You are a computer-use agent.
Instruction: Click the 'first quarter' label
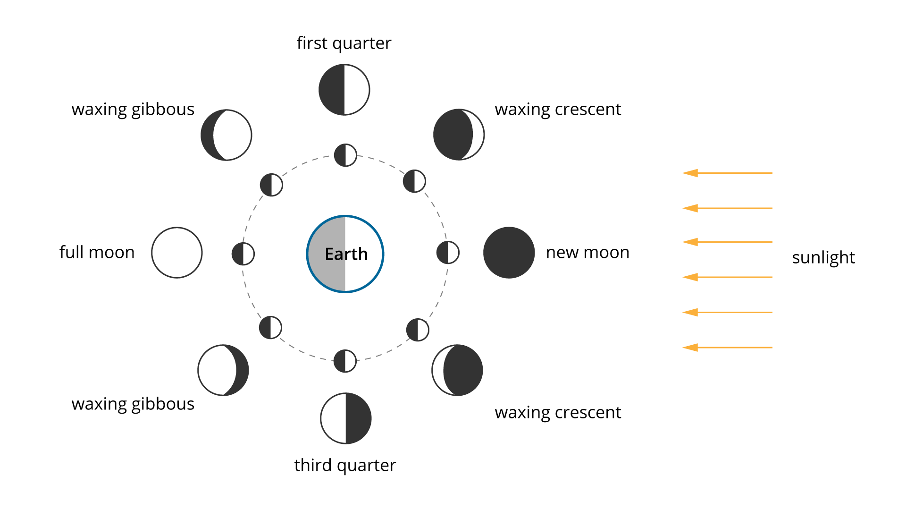tap(344, 43)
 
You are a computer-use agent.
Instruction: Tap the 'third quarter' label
tap(345, 466)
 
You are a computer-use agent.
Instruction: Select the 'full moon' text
tap(97, 252)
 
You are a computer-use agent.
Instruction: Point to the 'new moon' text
tap(587, 253)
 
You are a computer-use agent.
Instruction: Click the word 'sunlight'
tap(823, 258)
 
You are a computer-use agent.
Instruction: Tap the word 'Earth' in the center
tap(346, 254)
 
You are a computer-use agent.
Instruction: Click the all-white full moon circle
tap(177, 253)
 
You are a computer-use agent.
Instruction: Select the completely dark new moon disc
tap(509, 253)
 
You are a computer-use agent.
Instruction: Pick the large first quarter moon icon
tap(344, 90)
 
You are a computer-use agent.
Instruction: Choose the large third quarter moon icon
tap(346, 418)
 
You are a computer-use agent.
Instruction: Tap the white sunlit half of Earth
tap(364, 254)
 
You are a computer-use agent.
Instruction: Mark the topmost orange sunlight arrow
tap(727, 173)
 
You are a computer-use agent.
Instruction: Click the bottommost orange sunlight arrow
tap(727, 348)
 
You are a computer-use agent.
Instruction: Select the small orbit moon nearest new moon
tap(448, 253)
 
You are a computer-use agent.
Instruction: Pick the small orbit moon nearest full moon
tap(243, 254)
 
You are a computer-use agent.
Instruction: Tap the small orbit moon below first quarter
tap(345, 155)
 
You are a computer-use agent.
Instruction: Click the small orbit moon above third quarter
tap(345, 361)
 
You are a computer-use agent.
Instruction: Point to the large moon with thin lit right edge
tap(459, 135)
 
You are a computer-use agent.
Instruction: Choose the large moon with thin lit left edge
tap(457, 370)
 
